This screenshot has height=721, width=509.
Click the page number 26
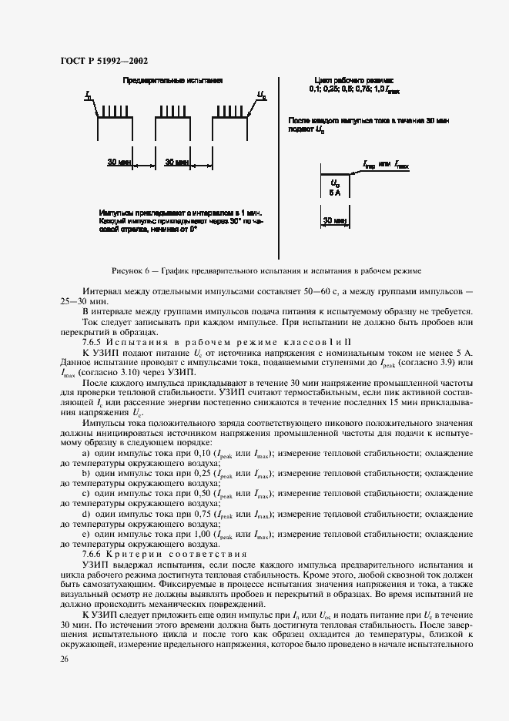(64, 659)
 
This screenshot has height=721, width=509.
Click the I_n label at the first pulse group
(89, 96)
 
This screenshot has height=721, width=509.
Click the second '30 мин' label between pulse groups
(177, 163)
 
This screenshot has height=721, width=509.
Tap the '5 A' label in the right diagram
(334, 193)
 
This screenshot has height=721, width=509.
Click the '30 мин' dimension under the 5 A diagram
(334, 220)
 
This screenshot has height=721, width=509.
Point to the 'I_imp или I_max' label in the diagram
(386, 165)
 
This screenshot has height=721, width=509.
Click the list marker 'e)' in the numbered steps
(85, 533)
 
